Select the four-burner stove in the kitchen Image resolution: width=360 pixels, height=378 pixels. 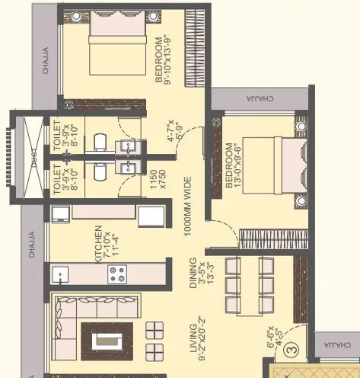(118, 274)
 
